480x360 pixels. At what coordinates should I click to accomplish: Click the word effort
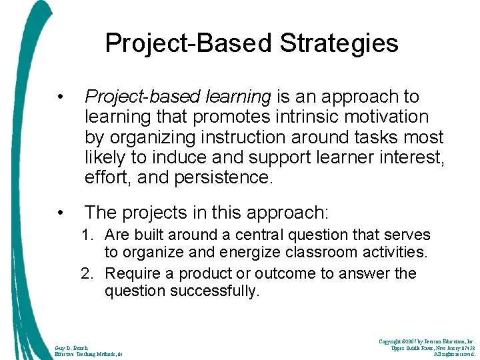point(105,178)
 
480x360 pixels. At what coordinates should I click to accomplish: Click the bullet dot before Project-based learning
point(61,97)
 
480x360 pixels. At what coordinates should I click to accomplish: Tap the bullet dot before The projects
point(61,213)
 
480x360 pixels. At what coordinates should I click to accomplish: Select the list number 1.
point(87,235)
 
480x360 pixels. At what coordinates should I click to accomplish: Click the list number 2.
point(87,274)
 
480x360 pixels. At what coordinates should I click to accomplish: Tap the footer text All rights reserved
point(454,355)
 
